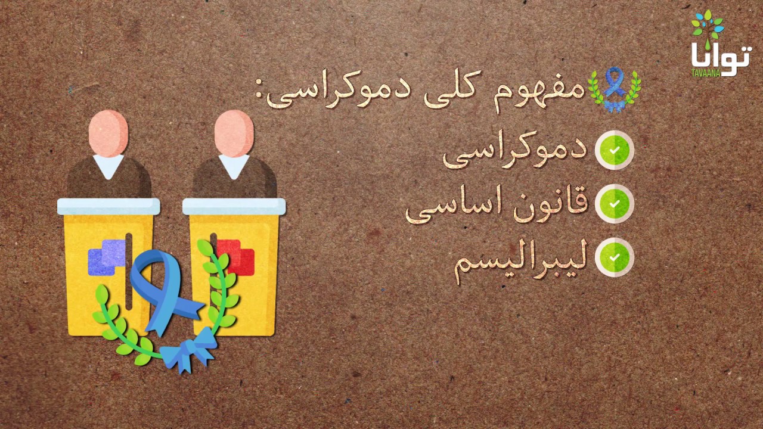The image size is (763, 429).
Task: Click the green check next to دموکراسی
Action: [x=614, y=150]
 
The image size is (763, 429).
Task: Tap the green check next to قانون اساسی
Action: [x=614, y=204]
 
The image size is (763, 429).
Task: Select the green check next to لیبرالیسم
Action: [x=614, y=257]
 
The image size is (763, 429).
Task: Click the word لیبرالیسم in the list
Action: [x=521, y=260]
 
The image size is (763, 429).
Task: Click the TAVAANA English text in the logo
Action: [x=705, y=73]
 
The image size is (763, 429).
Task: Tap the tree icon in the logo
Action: [x=708, y=29]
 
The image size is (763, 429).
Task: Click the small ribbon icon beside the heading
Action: [x=615, y=89]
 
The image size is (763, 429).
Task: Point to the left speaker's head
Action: [x=108, y=133]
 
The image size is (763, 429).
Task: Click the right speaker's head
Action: [x=234, y=133]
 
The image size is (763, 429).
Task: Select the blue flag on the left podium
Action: [x=107, y=257]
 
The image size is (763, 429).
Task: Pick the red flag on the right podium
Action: [x=235, y=257]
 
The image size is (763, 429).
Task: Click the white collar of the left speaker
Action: [x=108, y=166]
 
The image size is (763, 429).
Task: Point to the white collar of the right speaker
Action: [x=234, y=166]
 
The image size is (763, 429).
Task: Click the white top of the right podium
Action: [x=234, y=207]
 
